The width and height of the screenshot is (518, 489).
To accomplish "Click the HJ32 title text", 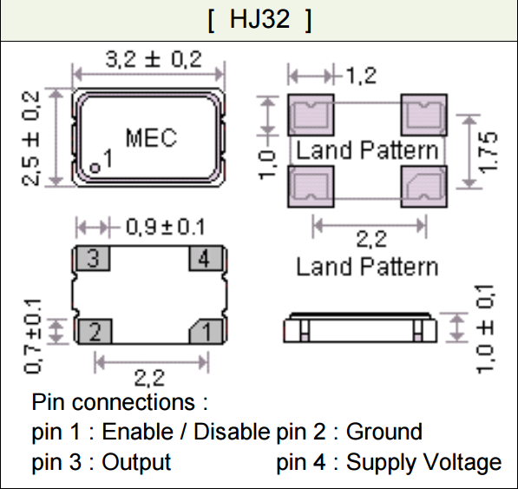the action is [259, 19].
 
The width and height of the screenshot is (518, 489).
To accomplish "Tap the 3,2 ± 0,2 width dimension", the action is [154, 60].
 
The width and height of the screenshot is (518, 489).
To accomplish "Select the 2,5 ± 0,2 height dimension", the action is [31, 138].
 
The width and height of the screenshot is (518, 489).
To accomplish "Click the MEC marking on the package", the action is [151, 137].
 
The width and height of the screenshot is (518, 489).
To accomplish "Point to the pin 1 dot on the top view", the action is [95, 168].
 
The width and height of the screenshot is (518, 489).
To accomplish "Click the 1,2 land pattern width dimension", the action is [361, 76].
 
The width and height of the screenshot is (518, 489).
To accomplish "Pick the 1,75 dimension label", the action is [488, 152].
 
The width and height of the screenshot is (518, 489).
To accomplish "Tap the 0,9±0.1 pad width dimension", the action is [165, 228].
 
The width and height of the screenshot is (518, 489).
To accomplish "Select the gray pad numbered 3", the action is [93, 258].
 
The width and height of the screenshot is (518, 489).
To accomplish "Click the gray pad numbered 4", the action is [206, 258].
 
